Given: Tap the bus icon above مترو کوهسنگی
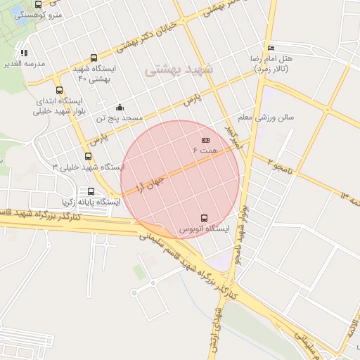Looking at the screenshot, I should point(37,4).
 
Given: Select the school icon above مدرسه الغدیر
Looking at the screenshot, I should point(25,52).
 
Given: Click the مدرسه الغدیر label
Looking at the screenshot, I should point(25,63).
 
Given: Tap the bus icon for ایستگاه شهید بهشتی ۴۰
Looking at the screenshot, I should point(94,58).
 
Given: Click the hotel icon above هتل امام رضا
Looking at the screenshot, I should point(271,48).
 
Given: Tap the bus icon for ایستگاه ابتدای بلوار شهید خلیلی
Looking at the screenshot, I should point(59,90).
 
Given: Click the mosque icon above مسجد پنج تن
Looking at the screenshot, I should point(120,107).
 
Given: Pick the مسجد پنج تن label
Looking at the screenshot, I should point(120,118).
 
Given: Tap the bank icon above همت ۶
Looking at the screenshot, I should point(205,141).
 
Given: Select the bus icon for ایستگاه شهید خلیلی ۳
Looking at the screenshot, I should point(88,156).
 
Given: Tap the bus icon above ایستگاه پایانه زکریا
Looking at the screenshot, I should point(91,191).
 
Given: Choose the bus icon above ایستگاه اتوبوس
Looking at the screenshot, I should point(205,217).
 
